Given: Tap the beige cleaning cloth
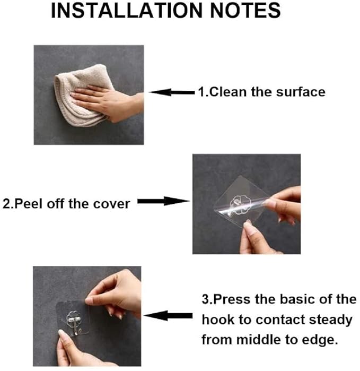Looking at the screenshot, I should [80, 96].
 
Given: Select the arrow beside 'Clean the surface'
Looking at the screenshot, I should [171, 92].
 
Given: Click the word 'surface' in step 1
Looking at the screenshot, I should [301, 92].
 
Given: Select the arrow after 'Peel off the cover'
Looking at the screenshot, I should [164, 202].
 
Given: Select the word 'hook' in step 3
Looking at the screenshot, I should [217, 320].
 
